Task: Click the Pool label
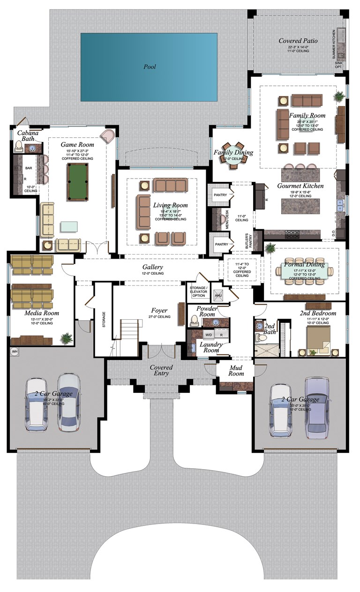[x=150, y=67]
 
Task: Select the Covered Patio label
[x=298, y=41]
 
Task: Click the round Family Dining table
[x=233, y=152]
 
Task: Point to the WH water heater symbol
[x=14, y=351]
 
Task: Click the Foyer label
[x=159, y=311]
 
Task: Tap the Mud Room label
[x=236, y=371]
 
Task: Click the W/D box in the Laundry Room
[x=208, y=335]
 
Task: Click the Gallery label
[x=153, y=267]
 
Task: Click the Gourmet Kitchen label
[x=300, y=186]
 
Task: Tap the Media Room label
[x=41, y=313]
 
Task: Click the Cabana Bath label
[x=28, y=136]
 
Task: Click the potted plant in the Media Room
[x=67, y=337]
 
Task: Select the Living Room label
[x=170, y=205]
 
